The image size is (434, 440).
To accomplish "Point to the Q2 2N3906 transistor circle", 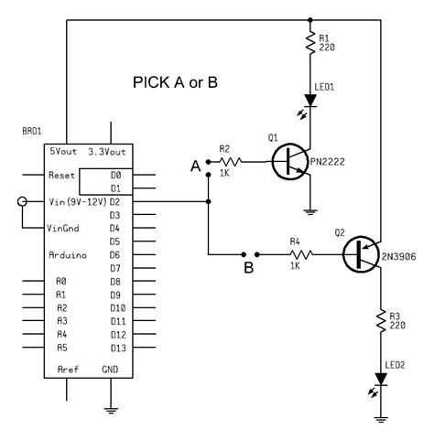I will point(364,254).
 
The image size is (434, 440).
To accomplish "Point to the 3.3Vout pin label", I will point(108,150).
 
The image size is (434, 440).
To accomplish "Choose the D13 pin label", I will point(116,348).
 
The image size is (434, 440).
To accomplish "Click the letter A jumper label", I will point(193,165).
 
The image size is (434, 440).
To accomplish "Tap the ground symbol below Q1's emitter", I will point(313,212).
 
